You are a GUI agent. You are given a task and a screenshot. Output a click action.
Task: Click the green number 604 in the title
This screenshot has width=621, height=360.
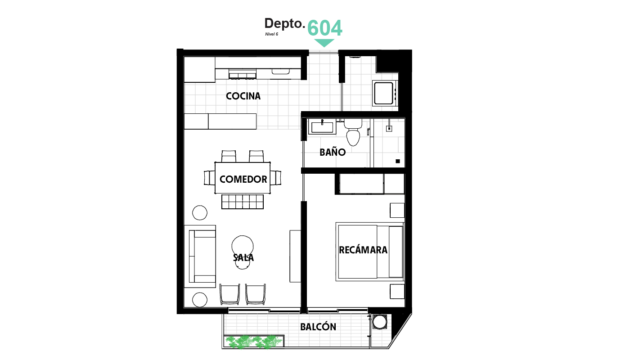tap(324, 28)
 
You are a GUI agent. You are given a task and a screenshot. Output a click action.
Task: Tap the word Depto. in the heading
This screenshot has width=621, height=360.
tap(284, 23)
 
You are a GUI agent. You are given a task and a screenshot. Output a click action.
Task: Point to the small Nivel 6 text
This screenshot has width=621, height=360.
tap(271, 34)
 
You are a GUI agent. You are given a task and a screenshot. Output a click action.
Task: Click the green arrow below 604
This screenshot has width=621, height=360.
tap(324, 43)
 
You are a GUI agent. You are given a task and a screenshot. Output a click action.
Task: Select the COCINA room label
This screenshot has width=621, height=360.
tap(243, 96)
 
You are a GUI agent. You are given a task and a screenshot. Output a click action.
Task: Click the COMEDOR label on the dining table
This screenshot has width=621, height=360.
tap(243, 179)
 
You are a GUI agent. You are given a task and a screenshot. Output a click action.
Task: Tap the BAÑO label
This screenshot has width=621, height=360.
tap(333, 152)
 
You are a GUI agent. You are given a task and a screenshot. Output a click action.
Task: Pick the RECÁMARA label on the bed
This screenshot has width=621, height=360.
tap(363, 250)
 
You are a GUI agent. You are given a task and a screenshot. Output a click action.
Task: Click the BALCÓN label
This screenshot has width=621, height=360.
tap(318, 327)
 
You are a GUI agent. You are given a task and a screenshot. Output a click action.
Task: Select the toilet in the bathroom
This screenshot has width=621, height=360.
tap(353, 132)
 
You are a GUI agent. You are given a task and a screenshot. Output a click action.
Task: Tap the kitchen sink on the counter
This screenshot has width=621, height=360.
tap(280, 71)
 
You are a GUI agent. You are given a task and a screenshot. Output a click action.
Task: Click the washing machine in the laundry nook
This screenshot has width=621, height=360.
tap(385, 94)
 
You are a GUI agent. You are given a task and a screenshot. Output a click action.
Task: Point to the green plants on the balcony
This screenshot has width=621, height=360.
tap(253, 342)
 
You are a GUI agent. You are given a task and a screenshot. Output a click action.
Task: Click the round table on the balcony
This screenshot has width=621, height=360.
tap(379, 322)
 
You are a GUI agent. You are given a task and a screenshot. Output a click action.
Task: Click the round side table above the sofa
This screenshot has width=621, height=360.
tap(200, 213)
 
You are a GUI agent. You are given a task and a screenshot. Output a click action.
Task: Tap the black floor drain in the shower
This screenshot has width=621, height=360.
tap(398, 161)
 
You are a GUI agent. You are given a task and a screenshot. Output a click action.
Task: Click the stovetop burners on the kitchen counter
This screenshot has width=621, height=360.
tap(242, 75)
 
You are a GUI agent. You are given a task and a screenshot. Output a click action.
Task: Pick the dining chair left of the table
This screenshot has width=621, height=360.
tap(210, 178)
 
